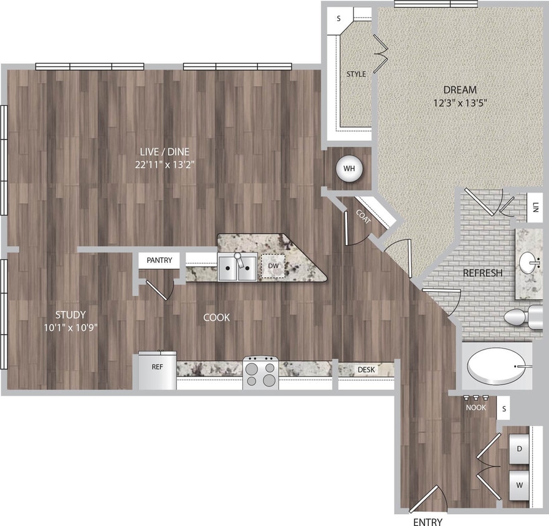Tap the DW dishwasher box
pos(272,266)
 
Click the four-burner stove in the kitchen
pos(260,373)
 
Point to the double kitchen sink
pos(237,267)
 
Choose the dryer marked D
pos(519,448)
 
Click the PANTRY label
pos(159,260)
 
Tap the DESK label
pos(366,370)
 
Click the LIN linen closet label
pos(535,206)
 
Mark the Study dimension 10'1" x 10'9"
pos(69,327)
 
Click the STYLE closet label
pos(356,74)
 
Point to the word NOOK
pos(476,408)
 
